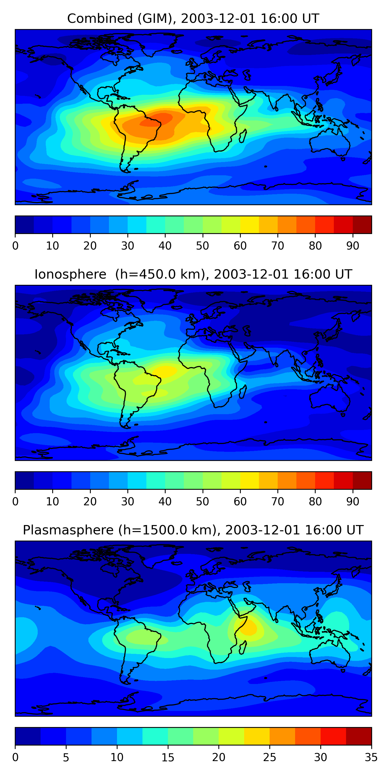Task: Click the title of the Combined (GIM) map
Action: point(193,19)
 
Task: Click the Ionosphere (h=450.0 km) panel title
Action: point(193,274)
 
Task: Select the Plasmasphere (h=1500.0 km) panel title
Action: point(193,530)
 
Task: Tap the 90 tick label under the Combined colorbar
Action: point(353,246)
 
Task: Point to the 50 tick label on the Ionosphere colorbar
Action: point(203,502)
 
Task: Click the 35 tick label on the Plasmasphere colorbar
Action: point(371,757)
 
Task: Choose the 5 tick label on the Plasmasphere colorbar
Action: point(66,757)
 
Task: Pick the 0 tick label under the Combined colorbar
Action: point(15,246)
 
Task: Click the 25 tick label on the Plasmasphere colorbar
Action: point(269,757)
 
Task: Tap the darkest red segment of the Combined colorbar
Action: point(362,225)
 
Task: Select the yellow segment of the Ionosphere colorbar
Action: point(250,481)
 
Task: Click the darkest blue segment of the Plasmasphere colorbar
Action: point(28,736)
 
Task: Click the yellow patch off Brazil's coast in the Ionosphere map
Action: point(165,371)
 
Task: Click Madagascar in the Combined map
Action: point(243,136)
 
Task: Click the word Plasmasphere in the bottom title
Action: point(68,530)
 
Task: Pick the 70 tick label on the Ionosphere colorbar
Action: point(278,502)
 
